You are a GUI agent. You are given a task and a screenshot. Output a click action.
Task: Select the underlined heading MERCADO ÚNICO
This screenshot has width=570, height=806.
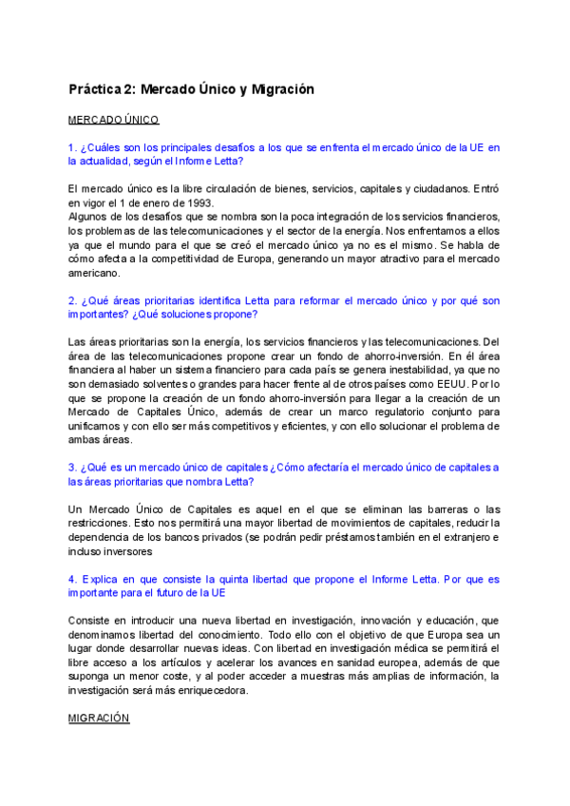pos(113,120)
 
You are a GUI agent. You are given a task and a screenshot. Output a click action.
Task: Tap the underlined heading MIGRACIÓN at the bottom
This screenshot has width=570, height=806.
pos(98,720)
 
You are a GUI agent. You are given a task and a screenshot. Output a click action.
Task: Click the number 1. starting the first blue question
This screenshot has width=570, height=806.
pos(72,147)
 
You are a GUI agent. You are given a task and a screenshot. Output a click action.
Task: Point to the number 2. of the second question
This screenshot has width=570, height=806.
pos(72,300)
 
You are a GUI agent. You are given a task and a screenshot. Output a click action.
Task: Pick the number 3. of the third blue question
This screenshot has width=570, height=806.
pos(72,468)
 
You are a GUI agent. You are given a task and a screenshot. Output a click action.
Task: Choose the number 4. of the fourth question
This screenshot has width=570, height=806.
pos(72,579)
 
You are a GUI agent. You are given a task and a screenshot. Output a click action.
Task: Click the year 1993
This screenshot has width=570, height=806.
pos(201,202)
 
